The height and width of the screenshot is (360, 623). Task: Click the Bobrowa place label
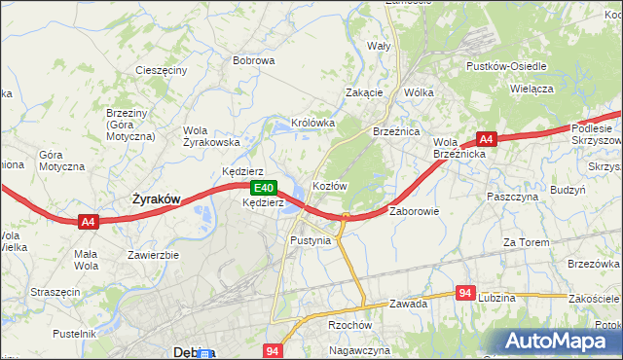click(x=253, y=60)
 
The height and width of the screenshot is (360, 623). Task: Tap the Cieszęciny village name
click(x=161, y=71)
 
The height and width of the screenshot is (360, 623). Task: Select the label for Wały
click(x=378, y=46)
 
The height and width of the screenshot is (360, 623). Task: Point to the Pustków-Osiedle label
click(x=506, y=66)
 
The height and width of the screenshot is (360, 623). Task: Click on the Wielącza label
click(x=531, y=88)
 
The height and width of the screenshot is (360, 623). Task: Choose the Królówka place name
click(x=312, y=124)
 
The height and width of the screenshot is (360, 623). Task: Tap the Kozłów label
click(x=329, y=185)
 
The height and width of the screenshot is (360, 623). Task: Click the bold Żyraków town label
click(x=156, y=198)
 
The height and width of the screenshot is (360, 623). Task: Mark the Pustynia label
click(x=311, y=239)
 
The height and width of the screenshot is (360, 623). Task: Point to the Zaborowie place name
click(x=415, y=210)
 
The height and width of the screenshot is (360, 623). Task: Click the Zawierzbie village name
click(x=153, y=255)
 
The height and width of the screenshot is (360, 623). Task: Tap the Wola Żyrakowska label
click(x=211, y=136)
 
